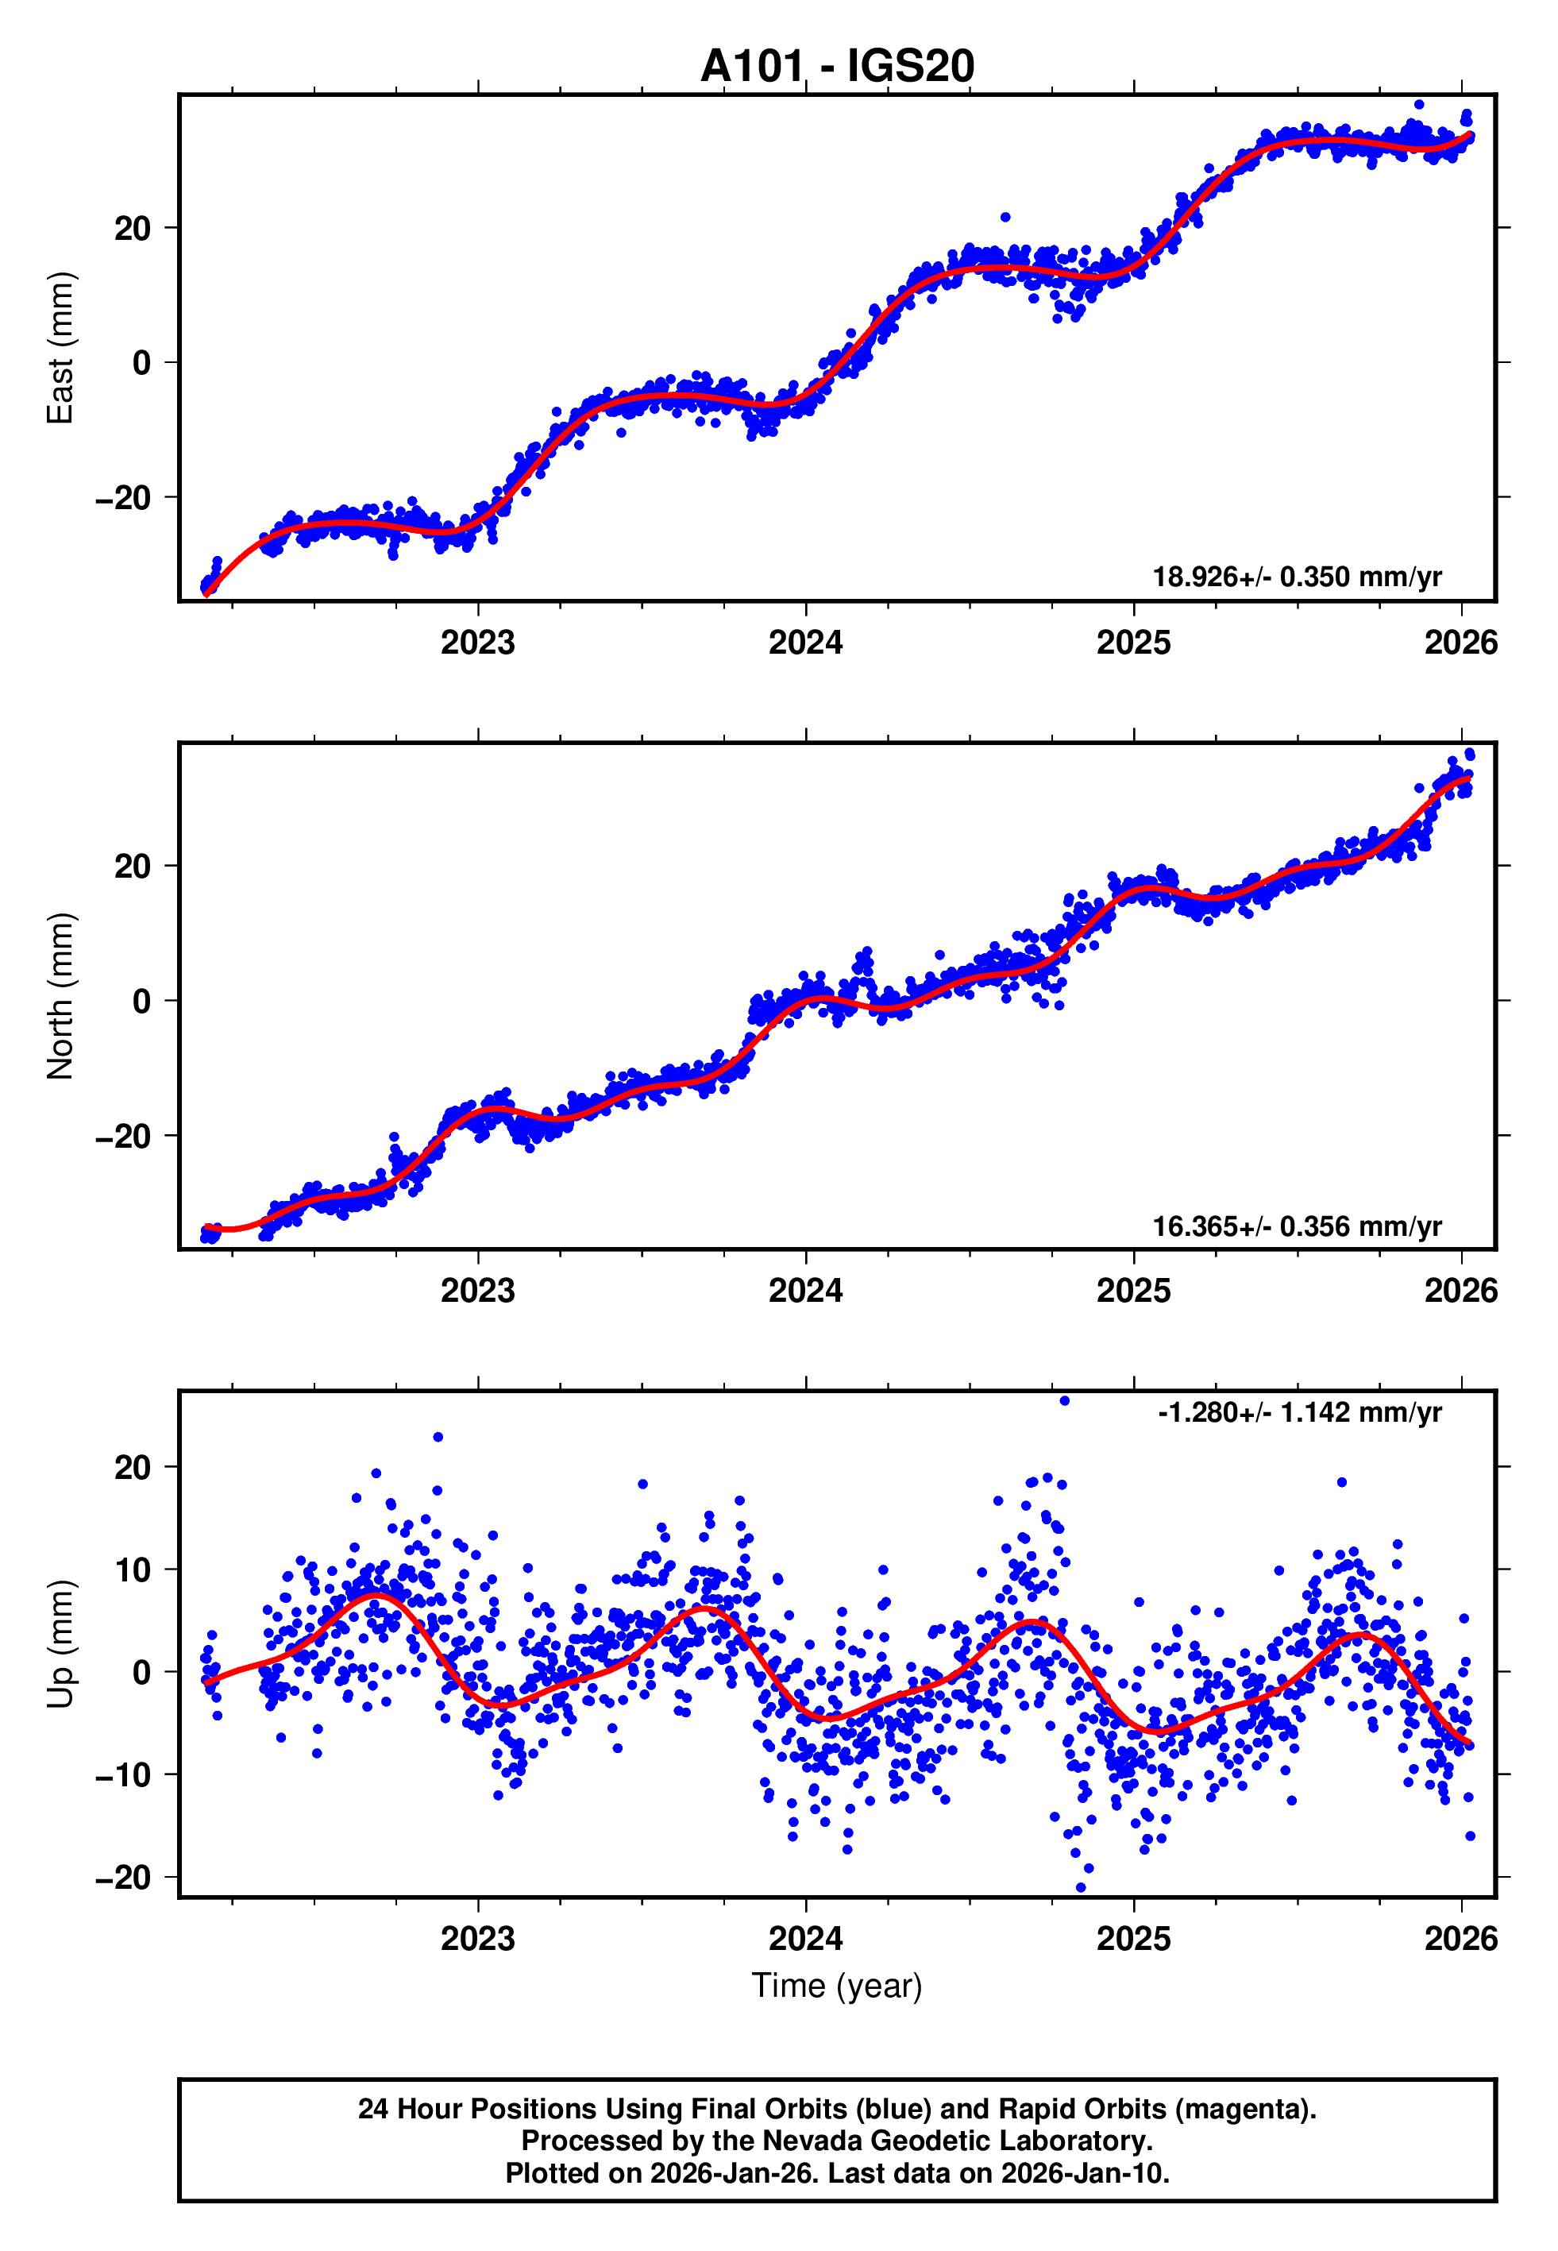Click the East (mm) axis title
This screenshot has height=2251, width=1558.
(60, 348)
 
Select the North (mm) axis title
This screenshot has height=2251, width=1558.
(60, 996)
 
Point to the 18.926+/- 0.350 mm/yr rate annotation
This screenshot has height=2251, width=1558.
(1297, 577)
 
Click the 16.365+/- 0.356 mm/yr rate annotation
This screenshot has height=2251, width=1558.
(1297, 1226)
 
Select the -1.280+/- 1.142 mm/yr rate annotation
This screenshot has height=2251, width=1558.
(1299, 1412)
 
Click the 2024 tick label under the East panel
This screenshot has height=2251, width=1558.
(805, 643)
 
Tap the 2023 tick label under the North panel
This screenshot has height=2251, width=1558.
(477, 1291)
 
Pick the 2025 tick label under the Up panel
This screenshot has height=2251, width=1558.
(1132, 1938)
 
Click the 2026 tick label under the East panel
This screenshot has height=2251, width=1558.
(1460, 643)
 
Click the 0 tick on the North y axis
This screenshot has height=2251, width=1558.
(141, 1001)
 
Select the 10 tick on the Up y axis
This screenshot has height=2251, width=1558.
(133, 1570)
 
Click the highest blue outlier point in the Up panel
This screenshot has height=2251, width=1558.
(1064, 1401)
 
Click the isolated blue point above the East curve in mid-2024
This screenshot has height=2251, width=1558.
(1005, 218)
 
